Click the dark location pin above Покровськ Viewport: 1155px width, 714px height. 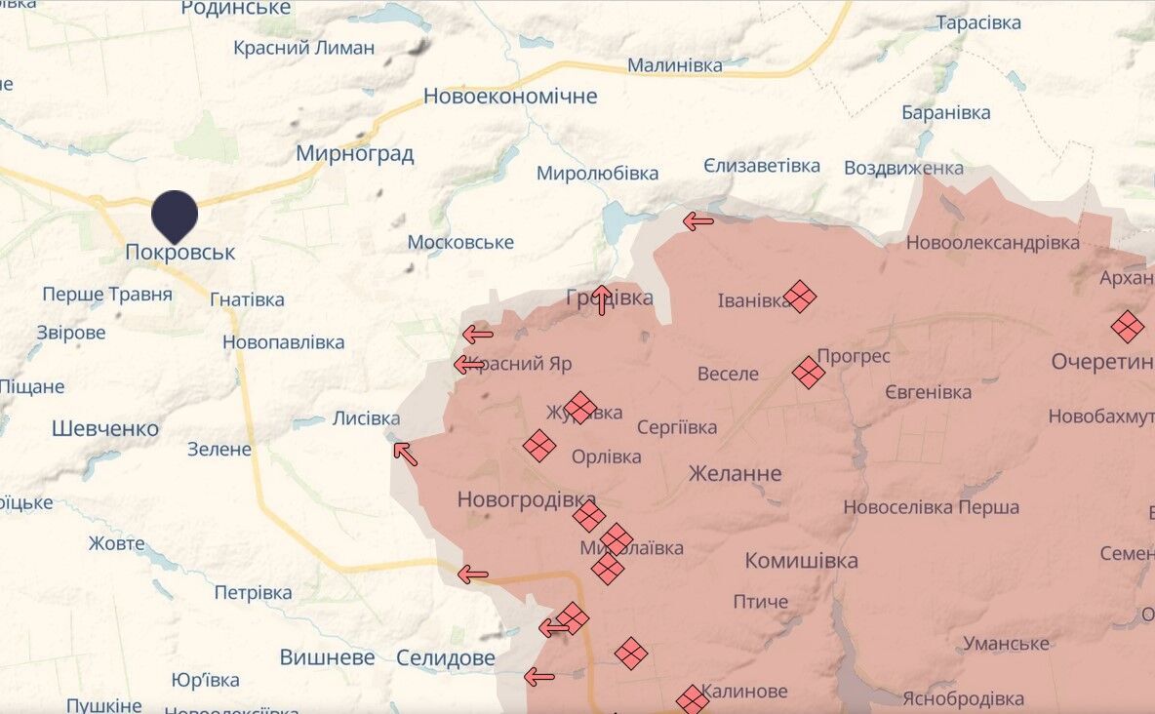pyautogui.click(x=175, y=214)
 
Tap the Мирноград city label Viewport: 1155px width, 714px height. pyautogui.click(x=354, y=153)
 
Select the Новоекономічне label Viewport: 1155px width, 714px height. pyautogui.click(x=509, y=96)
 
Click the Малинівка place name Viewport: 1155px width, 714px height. pyautogui.click(x=674, y=65)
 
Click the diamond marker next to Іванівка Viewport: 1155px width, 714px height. pyautogui.click(x=800, y=297)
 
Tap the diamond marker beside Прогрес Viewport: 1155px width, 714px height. pyautogui.click(x=809, y=372)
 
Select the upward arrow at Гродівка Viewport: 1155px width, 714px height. pyautogui.click(x=602, y=299)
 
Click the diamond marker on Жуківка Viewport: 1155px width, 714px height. pyautogui.click(x=580, y=408)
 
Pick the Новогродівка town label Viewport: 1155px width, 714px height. pyautogui.click(x=526, y=499)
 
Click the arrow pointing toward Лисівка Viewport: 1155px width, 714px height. pyautogui.click(x=405, y=454)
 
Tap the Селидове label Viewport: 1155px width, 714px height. pyautogui.click(x=445, y=657)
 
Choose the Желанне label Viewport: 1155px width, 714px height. pyautogui.click(x=735, y=473)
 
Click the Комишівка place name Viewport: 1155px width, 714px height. pyautogui.click(x=801, y=560)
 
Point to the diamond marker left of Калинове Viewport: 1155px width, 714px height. pyautogui.click(x=693, y=699)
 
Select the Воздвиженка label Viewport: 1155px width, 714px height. pyautogui.click(x=903, y=167)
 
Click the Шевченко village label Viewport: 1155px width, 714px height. pyautogui.click(x=104, y=428)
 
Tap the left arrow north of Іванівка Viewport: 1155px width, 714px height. pyautogui.click(x=698, y=221)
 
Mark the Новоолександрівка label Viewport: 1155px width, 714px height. pyautogui.click(x=992, y=242)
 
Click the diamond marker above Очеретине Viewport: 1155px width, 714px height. pyautogui.click(x=1128, y=327)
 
